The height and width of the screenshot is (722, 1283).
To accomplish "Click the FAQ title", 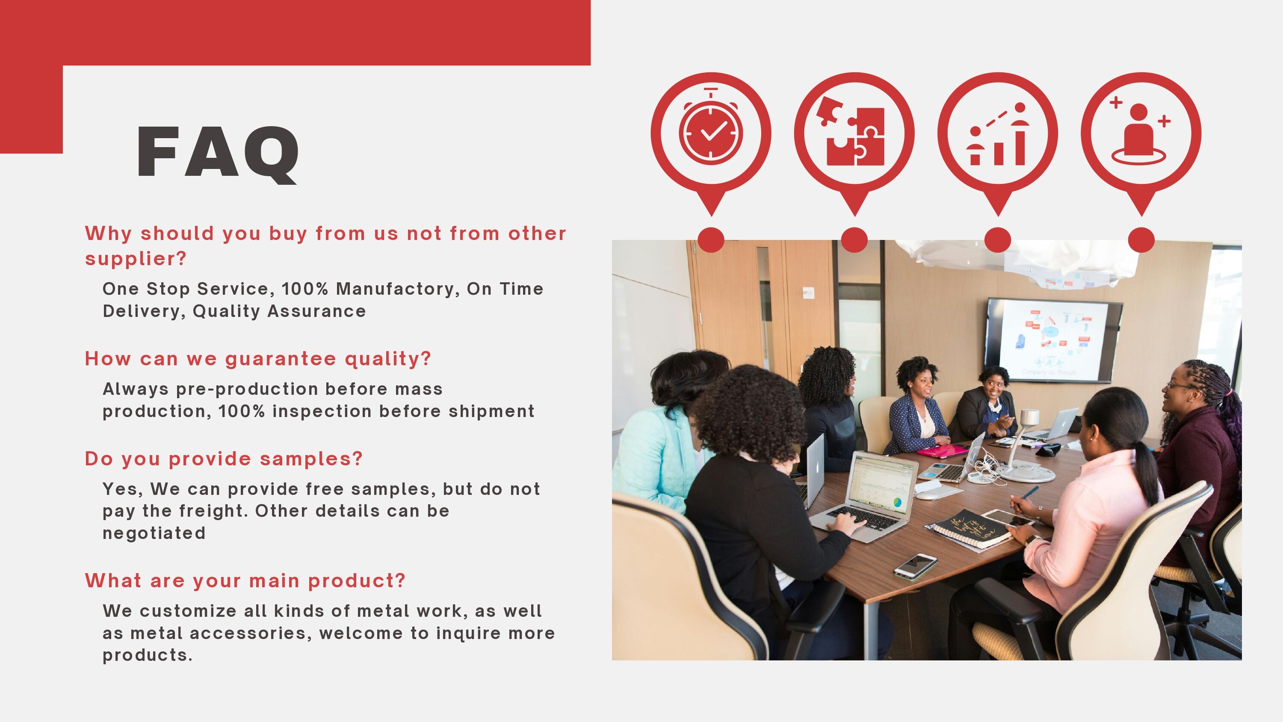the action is [218, 152].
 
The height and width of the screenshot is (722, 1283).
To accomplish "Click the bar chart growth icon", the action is [998, 133].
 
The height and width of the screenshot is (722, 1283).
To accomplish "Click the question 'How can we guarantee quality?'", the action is [257, 359].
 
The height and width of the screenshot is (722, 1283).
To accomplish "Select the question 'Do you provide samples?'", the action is [224, 459].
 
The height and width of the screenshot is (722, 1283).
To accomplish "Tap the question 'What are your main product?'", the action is [245, 581].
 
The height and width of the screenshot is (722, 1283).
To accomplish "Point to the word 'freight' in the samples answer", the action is [213, 511].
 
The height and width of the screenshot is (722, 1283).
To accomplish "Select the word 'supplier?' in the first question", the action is [136, 259].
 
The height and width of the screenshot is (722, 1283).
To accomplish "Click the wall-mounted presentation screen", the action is [1053, 340].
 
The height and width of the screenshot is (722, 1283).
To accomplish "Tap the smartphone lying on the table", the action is [916, 566].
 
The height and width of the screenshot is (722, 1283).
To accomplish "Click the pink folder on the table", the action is [943, 451].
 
